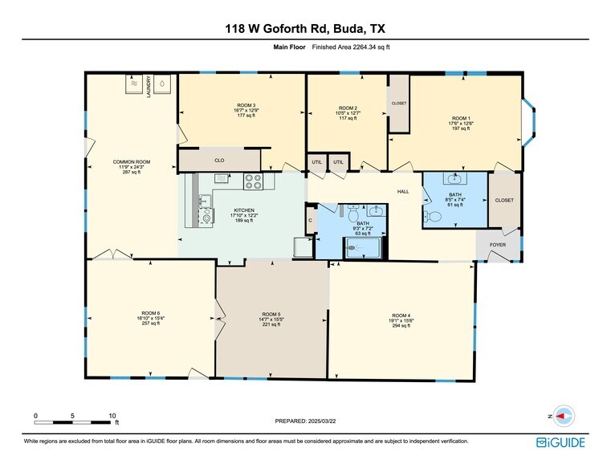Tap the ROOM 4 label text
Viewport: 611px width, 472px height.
click(401, 315)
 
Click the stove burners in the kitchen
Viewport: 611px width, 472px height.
click(253, 181)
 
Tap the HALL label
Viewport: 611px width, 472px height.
click(404, 192)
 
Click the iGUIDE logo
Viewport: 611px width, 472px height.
click(560, 442)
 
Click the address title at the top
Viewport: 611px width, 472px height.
click(305, 30)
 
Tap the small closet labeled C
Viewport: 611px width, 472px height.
click(310, 218)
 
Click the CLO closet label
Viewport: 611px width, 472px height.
click(218, 160)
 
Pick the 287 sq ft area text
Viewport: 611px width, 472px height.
click(131, 173)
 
